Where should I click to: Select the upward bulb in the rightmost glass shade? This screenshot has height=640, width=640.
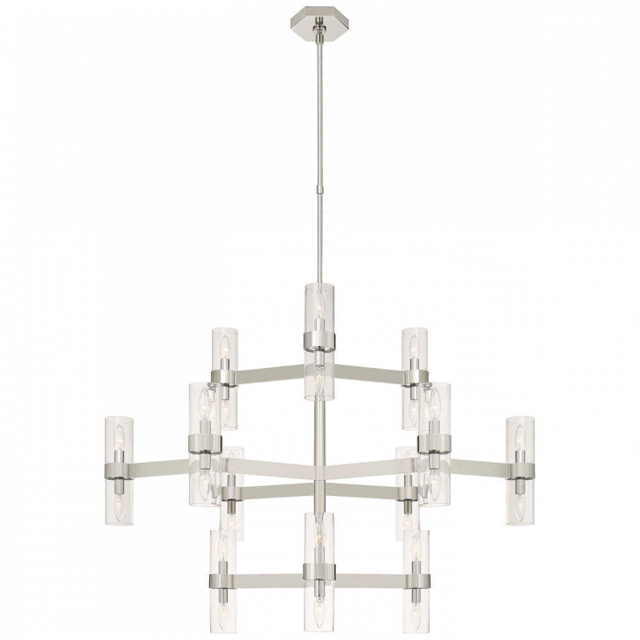[x=521, y=438]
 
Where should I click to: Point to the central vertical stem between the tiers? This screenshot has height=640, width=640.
[x=319, y=448]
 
